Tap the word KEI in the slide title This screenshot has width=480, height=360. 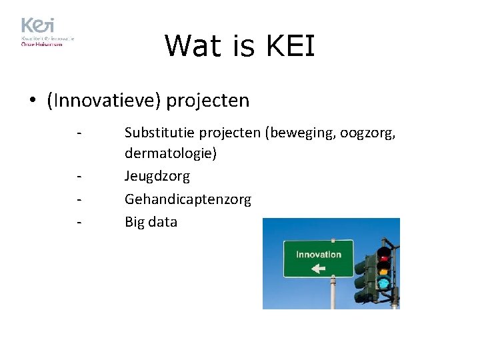290,46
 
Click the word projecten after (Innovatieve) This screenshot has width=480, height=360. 208,101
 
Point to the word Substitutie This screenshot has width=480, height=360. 158,133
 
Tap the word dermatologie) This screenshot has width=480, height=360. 171,154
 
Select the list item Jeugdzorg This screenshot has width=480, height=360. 157,177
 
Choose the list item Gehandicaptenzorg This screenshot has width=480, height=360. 188,199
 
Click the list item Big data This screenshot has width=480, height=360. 151,222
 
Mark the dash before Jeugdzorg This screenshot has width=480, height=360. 79,177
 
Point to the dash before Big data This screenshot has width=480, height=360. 79,222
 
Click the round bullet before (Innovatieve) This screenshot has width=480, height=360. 32,101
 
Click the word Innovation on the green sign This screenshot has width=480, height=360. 318,255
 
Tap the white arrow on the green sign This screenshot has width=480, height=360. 318,269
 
